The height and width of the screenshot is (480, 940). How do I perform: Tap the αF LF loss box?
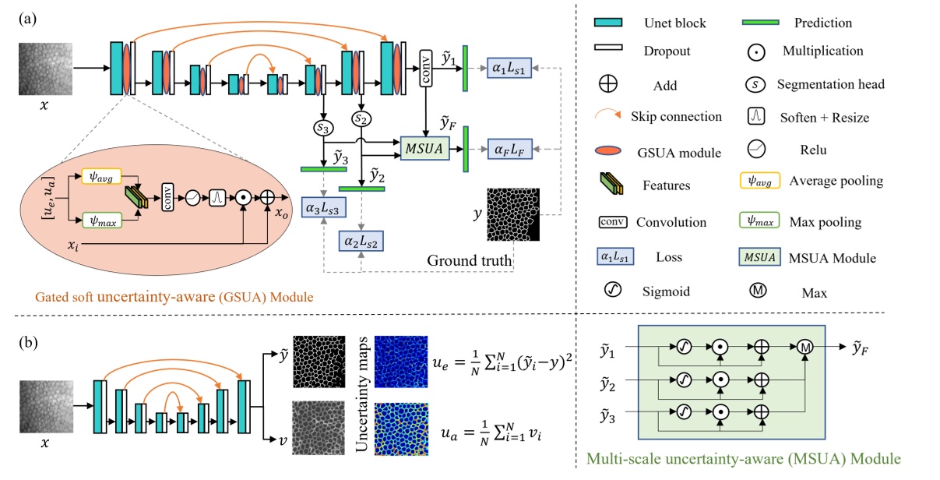click(x=510, y=147)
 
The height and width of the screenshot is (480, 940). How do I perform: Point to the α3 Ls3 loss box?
click(x=324, y=209)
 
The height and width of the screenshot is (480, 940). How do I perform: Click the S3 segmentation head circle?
click(x=321, y=127)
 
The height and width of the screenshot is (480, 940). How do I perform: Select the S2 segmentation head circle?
click(x=359, y=119)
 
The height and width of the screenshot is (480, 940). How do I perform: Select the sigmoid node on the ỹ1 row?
click(x=685, y=347)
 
